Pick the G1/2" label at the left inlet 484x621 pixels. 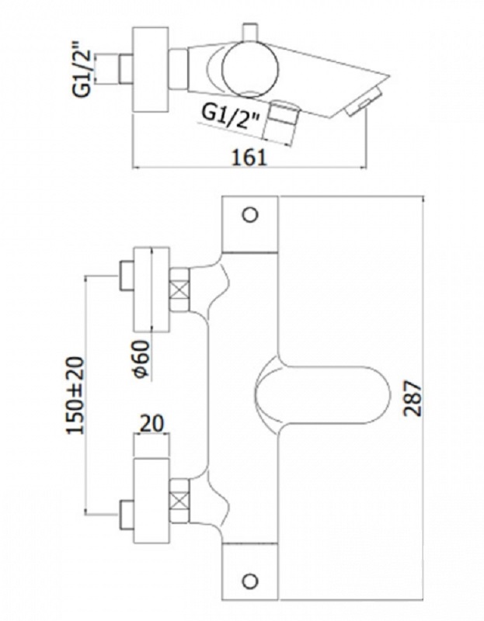point(83,68)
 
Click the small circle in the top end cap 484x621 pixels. point(249,215)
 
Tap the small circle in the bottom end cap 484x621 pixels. point(249,580)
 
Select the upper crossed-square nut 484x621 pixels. point(179,290)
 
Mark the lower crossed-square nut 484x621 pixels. point(179,498)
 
